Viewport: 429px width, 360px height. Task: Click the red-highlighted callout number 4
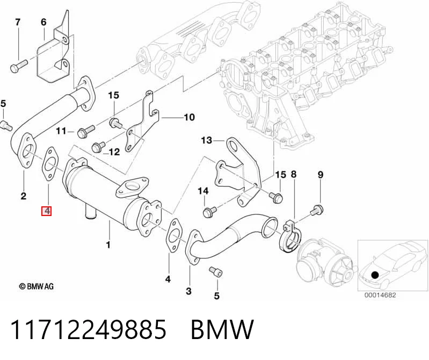47,211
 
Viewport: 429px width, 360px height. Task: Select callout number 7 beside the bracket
18,22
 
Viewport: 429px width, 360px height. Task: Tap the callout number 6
44,22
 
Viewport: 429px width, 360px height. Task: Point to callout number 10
190,117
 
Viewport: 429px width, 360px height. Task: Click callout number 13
207,140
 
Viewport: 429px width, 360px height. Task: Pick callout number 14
203,191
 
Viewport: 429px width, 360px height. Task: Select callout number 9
321,175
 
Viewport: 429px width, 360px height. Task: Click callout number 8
294,175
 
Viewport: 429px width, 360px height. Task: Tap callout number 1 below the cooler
108,244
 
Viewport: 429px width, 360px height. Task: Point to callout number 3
188,291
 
